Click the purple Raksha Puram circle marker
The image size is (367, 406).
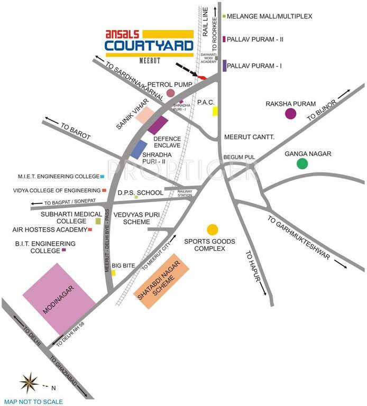pyautogui.click(x=290, y=113)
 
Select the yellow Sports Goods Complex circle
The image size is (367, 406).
pyautogui.click(x=212, y=229)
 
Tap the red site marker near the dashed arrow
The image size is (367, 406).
pyautogui.click(x=201, y=78)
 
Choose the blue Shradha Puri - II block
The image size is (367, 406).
pyautogui.click(x=139, y=150)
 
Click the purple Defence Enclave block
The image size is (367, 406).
pyautogui.click(x=158, y=125)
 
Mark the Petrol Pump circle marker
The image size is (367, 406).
pyautogui.click(x=170, y=93)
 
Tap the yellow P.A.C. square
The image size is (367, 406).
pyautogui.click(x=215, y=111)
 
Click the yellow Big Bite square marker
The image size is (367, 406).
pyautogui.click(x=113, y=273)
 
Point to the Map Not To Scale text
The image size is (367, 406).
pyautogui.click(x=33, y=402)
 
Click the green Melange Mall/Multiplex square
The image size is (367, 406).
pyautogui.click(x=224, y=16)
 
